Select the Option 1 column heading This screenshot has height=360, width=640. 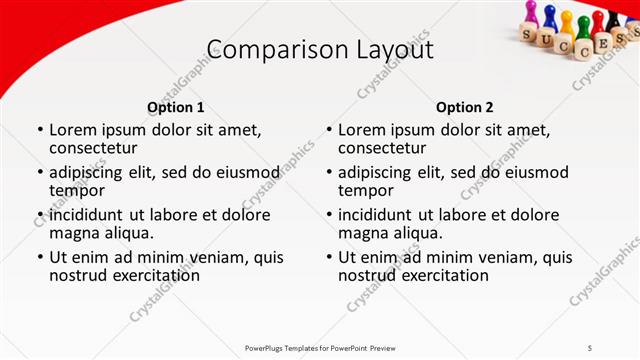pos(175,107)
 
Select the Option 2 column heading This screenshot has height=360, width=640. pos(465,107)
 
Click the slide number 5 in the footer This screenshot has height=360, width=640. pos(590,347)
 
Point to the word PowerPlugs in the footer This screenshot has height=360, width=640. pos(267,347)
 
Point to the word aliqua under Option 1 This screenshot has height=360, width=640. pos(127,233)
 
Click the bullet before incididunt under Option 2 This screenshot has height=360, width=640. pos(329,215)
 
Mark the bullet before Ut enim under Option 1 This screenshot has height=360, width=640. pos(39,257)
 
